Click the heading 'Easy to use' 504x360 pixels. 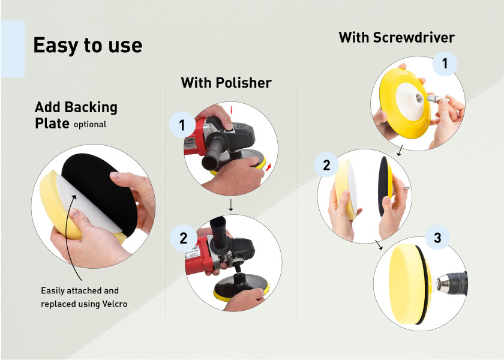click(x=88, y=46)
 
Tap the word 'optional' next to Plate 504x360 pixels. click(x=90, y=125)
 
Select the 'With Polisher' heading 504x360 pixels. click(x=226, y=83)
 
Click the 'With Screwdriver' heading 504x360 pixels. click(x=397, y=37)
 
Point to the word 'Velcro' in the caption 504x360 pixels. click(x=115, y=304)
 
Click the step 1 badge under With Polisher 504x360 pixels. click(x=182, y=125)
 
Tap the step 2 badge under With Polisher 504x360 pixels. click(x=183, y=238)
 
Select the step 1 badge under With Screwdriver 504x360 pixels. click(x=445, y=64)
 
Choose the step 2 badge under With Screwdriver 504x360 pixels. click(x=326, y=164)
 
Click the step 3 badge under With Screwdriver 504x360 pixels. click(x=437, y=237)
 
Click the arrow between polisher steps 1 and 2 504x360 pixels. click(x=231, y=205)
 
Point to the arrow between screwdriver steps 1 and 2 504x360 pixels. click(x=400, y=151)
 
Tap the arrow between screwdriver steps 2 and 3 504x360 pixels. click(x=379, y=245)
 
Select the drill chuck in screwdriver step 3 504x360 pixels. click(x=452, y=284)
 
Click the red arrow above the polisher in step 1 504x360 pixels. click(x=231, y=110)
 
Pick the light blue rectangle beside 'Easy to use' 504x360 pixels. click(x=13, y=49)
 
